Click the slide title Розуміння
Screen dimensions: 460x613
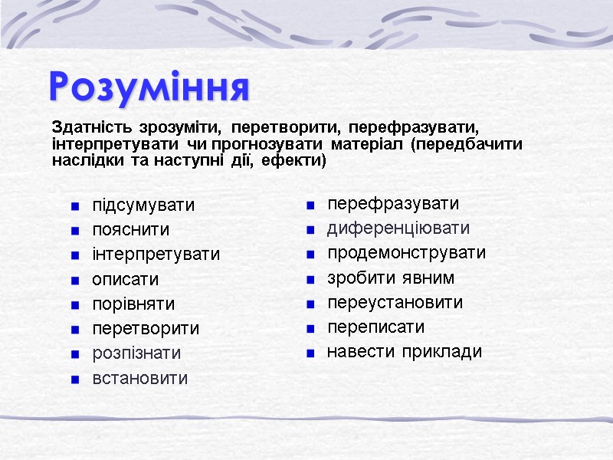point(149,87)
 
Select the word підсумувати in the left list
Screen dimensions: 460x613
point(143,205)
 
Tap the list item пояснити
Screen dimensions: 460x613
point(131,230)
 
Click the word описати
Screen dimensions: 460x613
point(126,280)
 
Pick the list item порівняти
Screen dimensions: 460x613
point(133,304)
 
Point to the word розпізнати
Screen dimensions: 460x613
point(136,353)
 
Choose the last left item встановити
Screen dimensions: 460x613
point(139,379)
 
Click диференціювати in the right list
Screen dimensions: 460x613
point(398,228)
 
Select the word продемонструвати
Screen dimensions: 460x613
point(406,253)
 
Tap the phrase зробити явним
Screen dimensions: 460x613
point(391,278)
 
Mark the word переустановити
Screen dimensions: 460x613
point(395,302)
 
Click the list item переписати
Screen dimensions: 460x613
point(375,327)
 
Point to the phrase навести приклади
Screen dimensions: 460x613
point(405,352)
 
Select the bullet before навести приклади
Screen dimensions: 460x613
point(310,353)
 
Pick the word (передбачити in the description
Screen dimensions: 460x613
point(467,143)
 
